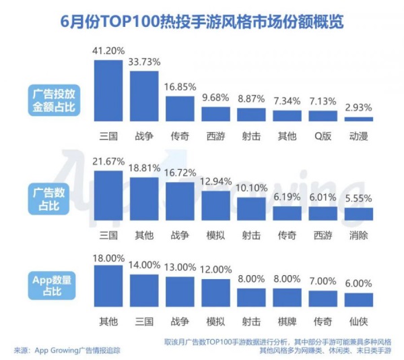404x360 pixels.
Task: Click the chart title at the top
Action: (x=202, y=22)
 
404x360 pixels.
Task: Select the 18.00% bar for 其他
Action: (x=108, y=287)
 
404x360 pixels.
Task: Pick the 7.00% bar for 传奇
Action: (x=323, y=299)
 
